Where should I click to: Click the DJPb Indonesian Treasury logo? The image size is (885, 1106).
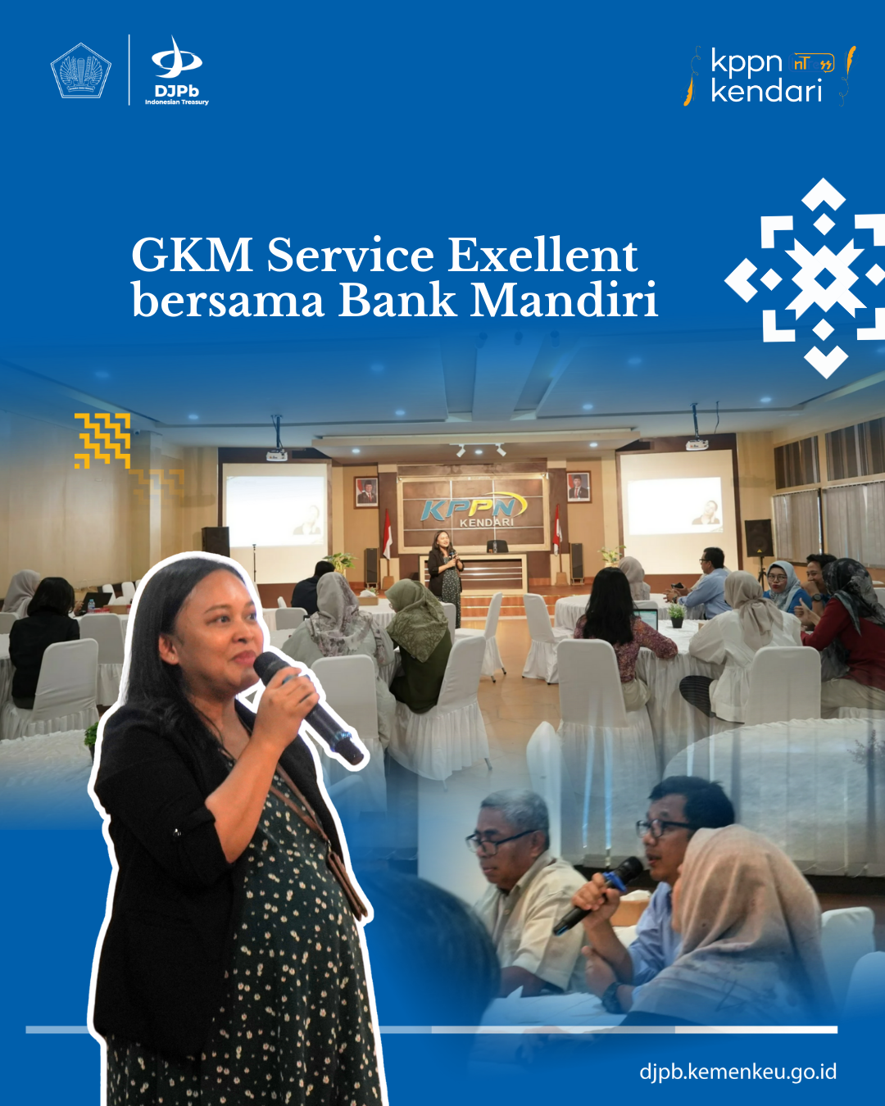(176, 70)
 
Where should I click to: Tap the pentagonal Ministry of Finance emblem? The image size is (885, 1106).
(81, 70)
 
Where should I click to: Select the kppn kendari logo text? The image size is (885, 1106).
(766, 75)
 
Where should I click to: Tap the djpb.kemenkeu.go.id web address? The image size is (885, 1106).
(738, 1072)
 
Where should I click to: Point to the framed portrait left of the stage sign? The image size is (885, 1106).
(365, 492)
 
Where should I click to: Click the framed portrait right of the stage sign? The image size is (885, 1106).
(579, 487)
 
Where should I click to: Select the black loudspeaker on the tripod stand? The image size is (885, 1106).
(759, 538)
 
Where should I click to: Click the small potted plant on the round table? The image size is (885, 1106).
(677, 616)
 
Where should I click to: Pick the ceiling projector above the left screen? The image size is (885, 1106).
(277, 455)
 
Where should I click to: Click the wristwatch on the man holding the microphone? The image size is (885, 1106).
(613, 997)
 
